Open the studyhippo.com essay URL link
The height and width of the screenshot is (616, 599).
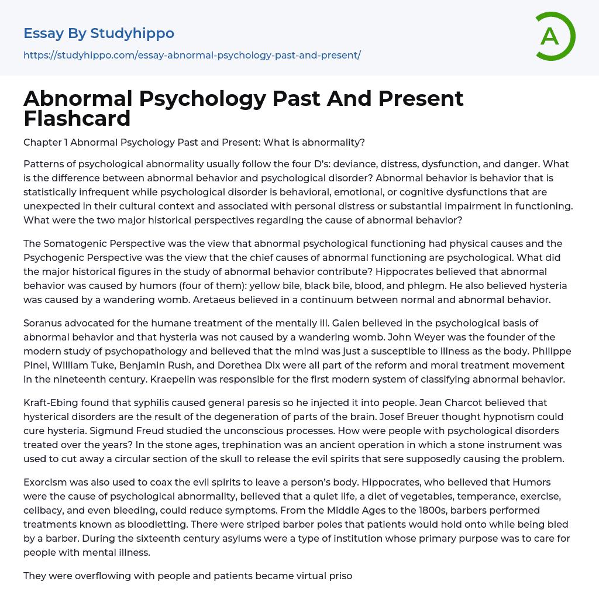click(x=192, y=56)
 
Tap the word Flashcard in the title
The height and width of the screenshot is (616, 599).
click(x=77, y=119)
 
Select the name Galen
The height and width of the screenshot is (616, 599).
click(x=348, y=323)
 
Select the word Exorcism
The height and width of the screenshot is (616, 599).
click(x=47, y=483)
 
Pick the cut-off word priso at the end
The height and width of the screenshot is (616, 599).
click(x=340, y=576)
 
